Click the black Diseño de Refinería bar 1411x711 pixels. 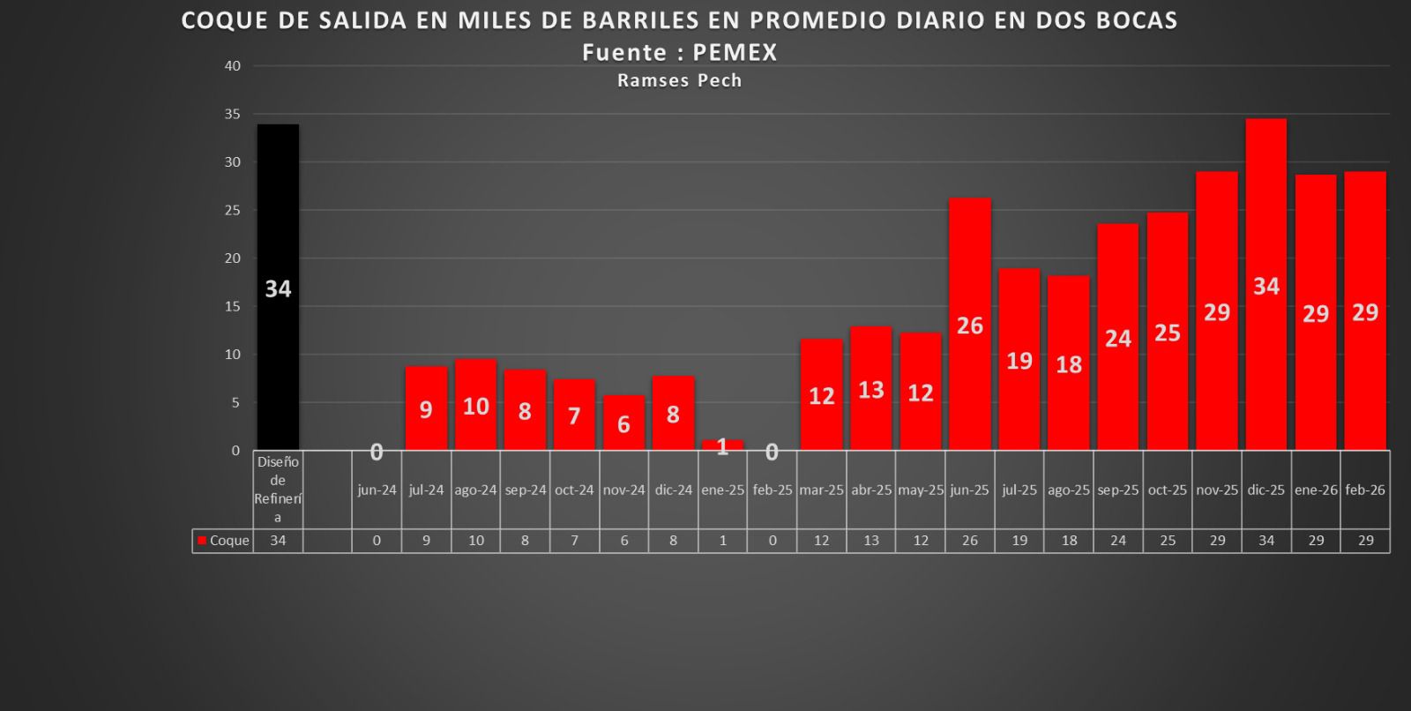[278, 287]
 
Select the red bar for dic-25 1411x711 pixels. [1266, 284]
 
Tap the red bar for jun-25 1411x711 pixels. [969, 324]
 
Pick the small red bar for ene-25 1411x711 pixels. [722, 445]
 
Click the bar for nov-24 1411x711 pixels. [623, 423]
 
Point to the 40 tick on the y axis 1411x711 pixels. [233, 66]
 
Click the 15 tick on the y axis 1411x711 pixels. [233, 306]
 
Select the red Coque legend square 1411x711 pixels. [202, 541]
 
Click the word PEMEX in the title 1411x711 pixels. [735, 53]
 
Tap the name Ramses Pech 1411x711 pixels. [679, 80]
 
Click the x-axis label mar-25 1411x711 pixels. [821, 490]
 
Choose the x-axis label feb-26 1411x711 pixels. [1365, 490]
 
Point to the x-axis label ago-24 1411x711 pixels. [475, 490]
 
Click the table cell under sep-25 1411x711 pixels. [1117, 541]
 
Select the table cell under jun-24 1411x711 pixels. [377, 541]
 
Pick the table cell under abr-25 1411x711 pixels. [870, 541]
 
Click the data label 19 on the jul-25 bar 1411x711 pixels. [1019, 361]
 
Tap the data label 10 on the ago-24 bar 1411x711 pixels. [475, 407]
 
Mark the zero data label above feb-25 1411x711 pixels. [772, 453]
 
